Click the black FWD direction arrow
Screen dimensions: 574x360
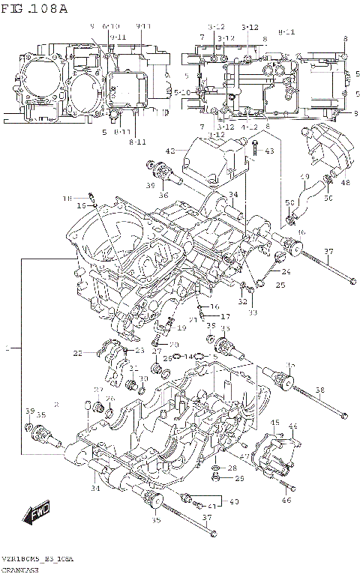35,516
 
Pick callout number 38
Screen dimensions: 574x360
319,390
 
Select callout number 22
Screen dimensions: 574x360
77,353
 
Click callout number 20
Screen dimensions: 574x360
175,344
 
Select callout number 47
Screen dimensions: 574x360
244,456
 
